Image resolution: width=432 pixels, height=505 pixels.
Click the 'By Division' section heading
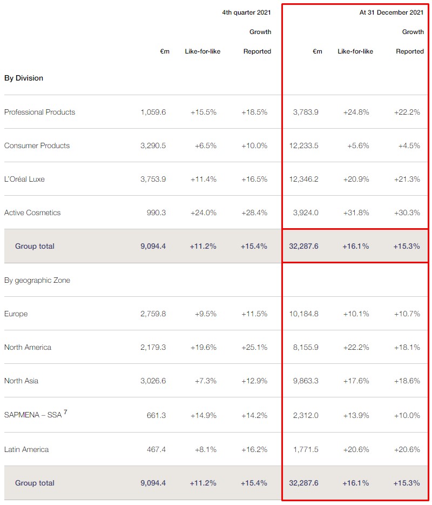(24, 78)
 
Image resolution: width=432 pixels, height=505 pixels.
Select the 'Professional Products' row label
(39, 112)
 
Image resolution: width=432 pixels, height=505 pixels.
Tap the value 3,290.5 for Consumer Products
(153, 145)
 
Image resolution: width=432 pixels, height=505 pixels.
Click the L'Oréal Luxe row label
(24, 179)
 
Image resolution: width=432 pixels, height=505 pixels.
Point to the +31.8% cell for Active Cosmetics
(356, 212)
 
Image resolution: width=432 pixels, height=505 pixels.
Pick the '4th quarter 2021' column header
(247, 12)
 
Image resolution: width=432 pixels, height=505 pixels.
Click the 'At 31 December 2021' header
(391, 12)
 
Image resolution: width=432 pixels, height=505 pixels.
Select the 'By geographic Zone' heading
(37, 280)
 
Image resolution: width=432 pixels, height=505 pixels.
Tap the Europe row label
(16, 314)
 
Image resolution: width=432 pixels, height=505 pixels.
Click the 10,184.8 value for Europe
(304, 314)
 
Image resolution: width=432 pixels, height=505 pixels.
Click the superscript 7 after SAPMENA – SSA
(65, 413)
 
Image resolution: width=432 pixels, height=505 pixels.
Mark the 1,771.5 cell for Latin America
(306, 449)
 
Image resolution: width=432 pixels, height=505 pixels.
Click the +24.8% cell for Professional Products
(356, 112)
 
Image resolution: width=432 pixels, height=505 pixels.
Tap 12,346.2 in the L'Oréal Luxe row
(304, 179)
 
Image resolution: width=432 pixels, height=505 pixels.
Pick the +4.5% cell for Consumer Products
(409, 145)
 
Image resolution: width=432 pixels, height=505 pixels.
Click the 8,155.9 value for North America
(306, 347)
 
